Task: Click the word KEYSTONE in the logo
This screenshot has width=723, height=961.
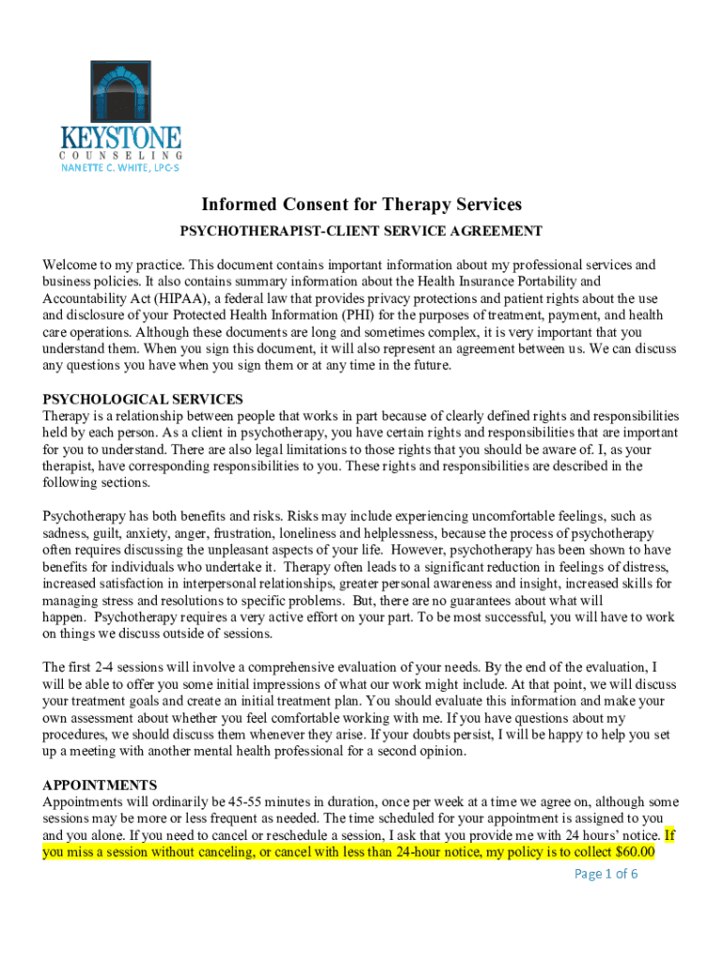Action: [x=121, y=137]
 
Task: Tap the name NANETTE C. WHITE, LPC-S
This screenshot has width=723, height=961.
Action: [x=121, y=168]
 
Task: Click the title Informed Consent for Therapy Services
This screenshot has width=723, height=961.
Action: [x=361, y=205]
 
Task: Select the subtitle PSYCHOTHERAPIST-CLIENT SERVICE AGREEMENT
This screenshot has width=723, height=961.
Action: [x=361, y=230]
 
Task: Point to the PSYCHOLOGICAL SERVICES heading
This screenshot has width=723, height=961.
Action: [x=143, y=400]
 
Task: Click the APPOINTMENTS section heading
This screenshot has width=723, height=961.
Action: [x=100, y=785]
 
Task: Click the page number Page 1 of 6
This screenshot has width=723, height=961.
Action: [x=606, y=875]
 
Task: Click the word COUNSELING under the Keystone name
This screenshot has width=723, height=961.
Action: [x=121, y=155]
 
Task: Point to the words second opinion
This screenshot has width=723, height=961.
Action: [x=414, y=752]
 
